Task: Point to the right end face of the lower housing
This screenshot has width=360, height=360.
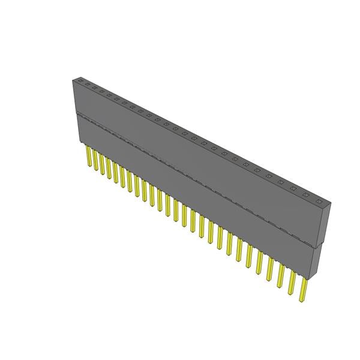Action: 317,261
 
